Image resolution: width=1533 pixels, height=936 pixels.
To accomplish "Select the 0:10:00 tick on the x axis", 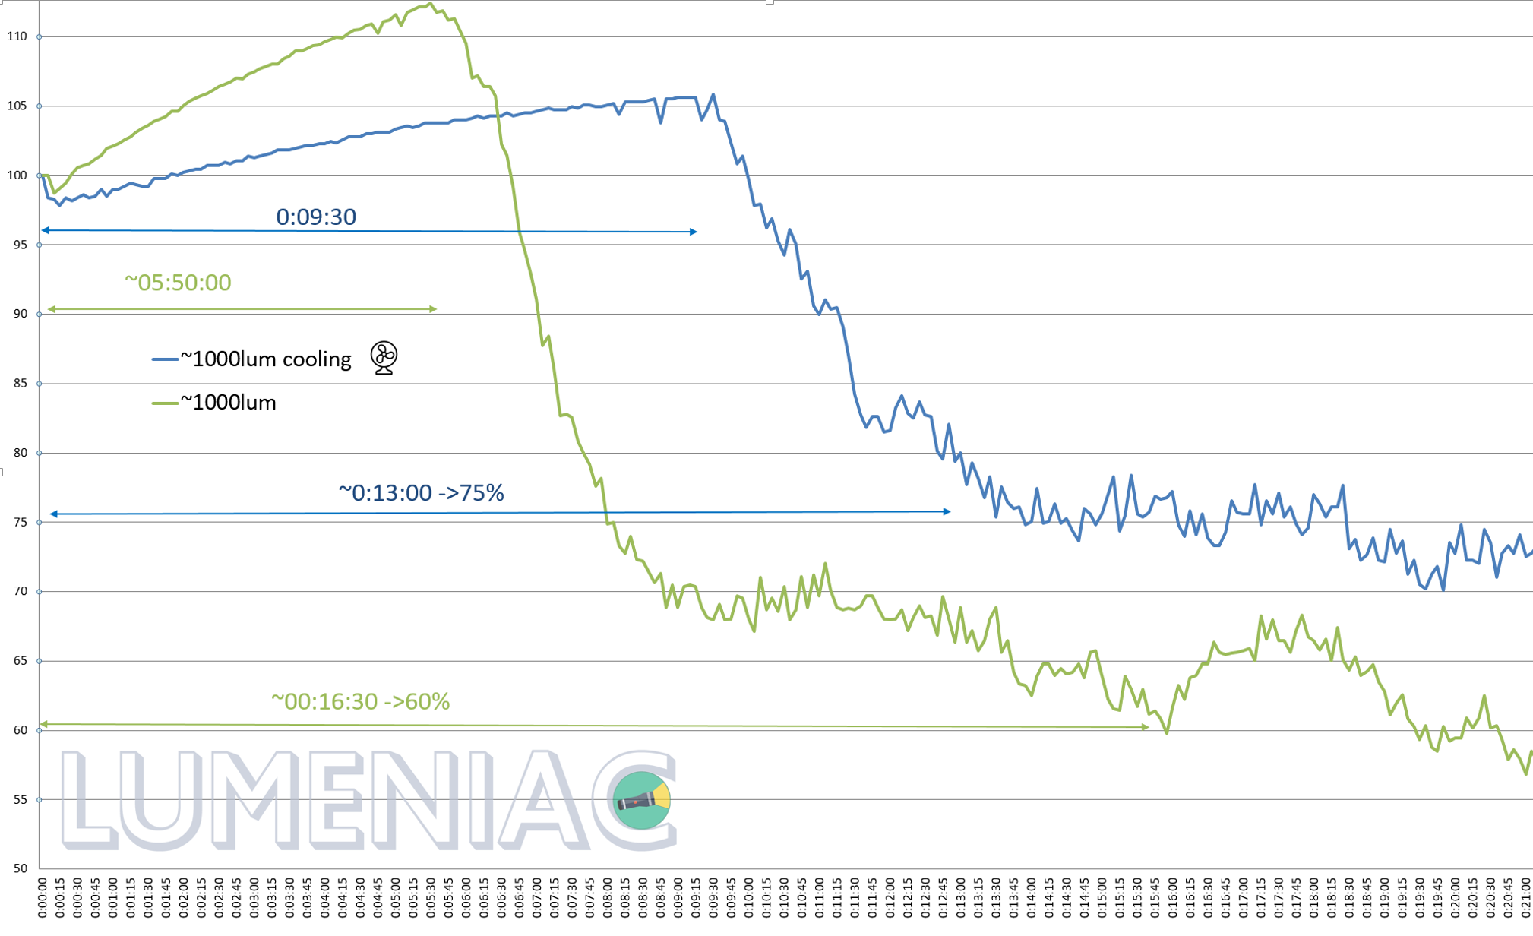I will pos(748,896).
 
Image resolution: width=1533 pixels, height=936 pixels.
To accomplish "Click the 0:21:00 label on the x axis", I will pos(1525,897).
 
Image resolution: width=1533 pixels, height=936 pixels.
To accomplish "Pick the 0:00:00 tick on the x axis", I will pos(42,897).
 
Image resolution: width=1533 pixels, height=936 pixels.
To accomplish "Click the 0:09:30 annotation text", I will pos(316,217).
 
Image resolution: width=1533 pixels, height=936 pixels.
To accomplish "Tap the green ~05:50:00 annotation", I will pos(178,283).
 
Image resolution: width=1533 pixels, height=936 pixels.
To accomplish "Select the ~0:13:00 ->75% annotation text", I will pos(421,493).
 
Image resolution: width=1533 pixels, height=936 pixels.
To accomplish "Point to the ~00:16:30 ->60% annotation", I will pos(360,701).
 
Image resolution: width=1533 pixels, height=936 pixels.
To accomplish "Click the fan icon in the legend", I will pos(384,358).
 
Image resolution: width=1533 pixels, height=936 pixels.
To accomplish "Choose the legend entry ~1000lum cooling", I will pos(265,359).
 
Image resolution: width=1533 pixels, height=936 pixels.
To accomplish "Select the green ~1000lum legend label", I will pos(228,403).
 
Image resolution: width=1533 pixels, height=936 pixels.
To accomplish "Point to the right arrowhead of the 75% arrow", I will pos(947,512).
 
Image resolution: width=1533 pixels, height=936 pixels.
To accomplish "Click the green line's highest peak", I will pos(430,4).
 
